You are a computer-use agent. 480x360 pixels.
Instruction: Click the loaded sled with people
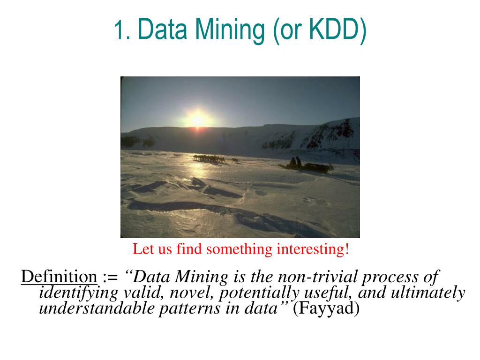click(x=306, y=165)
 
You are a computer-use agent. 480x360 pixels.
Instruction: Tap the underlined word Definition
click(x=59, y=277)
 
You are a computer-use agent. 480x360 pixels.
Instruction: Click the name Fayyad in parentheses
click(x=326, y=308)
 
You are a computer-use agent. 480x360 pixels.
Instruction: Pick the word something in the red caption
click(x=239, y=249)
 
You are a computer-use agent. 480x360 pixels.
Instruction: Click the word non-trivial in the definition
click(x=318, y=277)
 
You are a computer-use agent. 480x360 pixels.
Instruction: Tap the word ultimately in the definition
click(x=428, y=292)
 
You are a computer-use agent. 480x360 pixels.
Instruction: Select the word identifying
click(x=79, y=293)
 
